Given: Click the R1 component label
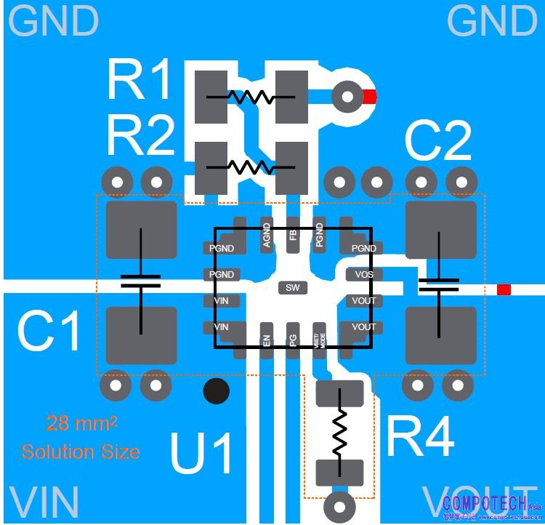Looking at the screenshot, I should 140,80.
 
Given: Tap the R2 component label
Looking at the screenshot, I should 140,136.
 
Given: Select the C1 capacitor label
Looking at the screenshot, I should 49,333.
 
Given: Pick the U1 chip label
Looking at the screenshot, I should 202,453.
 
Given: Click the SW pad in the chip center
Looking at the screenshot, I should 292,288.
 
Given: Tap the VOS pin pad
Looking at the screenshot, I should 363,275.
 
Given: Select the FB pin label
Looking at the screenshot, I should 293,235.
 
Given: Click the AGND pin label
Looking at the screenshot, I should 267,235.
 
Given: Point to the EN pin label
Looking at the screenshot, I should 267,340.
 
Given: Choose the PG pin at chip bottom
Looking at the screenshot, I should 293,340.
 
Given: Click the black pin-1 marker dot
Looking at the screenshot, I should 216,391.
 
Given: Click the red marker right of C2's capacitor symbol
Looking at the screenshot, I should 504,290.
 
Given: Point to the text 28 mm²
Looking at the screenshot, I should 81,423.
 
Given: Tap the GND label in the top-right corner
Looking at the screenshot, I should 492,21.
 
